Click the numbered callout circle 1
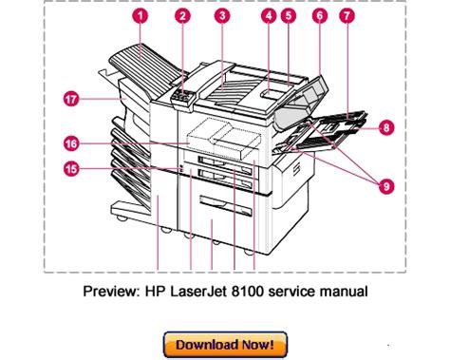tap(141, 16)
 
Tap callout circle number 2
tap(183, 16)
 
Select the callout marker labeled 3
tap(222, 16)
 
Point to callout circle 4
tap(269, 16)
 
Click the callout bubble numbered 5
tap(289, 16)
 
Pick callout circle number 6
tap(320, 16)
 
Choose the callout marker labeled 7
tap(347, 16)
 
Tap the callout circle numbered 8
tap(386, 127)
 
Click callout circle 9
tap(386, 186)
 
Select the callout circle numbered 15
tap(71, 168)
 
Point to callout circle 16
tap(71, 143)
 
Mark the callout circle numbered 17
tap(71, 100)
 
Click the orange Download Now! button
tap(225, 345)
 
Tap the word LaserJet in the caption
tap(198, 291)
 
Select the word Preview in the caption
tap(111, 291)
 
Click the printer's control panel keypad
tap(183, 96)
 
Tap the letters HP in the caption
tap(156, 291)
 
